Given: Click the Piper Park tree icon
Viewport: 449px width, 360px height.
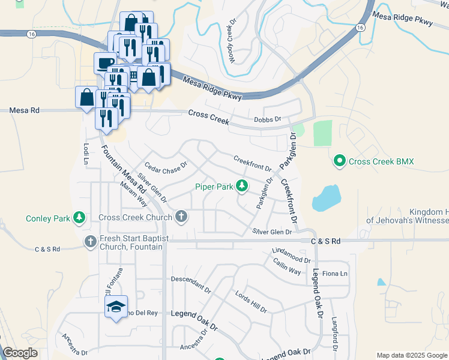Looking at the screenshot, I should (x=242, y=187).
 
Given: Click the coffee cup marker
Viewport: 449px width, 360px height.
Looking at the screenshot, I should (x=106, y=62).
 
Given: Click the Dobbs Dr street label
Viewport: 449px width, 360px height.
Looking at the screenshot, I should (x=267, y=119).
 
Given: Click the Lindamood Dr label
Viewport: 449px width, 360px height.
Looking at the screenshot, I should (x=291, y=256).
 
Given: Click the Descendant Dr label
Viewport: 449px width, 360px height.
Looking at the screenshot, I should (x=191, y=284).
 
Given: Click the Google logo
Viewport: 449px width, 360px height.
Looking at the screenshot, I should (x=20, y=353).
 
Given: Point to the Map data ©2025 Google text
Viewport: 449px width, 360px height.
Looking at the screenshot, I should (x=411, y=355).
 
